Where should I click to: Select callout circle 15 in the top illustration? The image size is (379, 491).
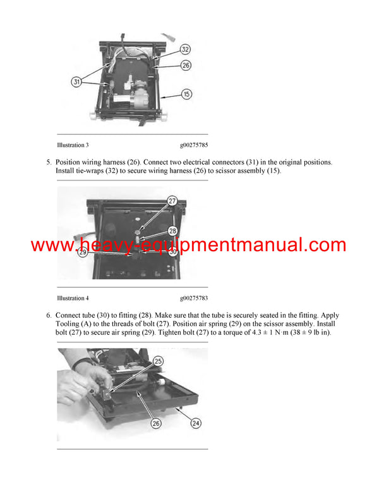pos(186,94)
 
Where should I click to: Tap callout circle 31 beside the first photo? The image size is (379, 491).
pos(76,82)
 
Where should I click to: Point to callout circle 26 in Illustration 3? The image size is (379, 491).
pos(186,65)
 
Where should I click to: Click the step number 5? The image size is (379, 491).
pos(49,162)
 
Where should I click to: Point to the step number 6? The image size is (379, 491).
pos(49,315)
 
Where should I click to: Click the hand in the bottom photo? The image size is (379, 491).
pos(88,380)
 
